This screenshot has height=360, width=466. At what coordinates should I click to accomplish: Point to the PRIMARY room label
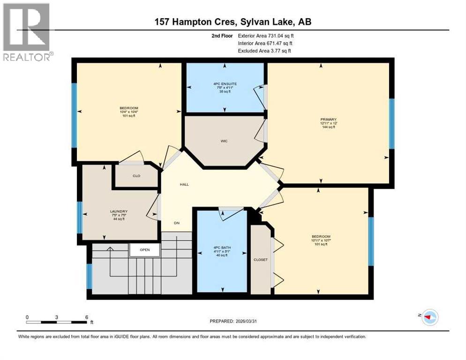pos(328,120)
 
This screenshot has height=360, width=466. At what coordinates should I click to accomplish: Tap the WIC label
pos(225,141)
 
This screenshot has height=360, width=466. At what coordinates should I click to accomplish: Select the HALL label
pos(184,185)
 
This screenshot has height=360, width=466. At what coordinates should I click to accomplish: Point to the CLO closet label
pos(136,176)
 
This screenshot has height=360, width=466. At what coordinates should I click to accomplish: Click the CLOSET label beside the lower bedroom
pos(261,259)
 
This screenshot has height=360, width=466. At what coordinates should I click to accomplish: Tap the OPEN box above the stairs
pos(145,250)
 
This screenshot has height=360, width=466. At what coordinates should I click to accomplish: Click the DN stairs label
pos(177,223)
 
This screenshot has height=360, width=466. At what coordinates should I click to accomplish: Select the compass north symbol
pos(429,317)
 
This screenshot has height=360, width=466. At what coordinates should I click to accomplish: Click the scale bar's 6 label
pos(86,317)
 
